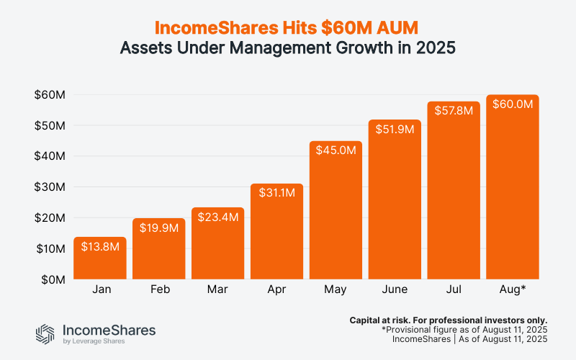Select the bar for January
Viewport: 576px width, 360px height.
click(100, 259)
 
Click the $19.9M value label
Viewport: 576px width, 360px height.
click(159, 228)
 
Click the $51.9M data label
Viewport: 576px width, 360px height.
click(395, 130)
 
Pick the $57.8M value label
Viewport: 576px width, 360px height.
click(454, 111)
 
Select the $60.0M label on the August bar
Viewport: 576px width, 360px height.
click(513, 104)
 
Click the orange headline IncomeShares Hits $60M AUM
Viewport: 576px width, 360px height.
click(288, 28)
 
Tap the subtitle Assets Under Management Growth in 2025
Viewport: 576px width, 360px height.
click(288, 50)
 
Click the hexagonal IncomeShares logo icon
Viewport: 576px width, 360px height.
click(45, 333)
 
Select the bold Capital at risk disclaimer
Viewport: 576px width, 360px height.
click(448, 319)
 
